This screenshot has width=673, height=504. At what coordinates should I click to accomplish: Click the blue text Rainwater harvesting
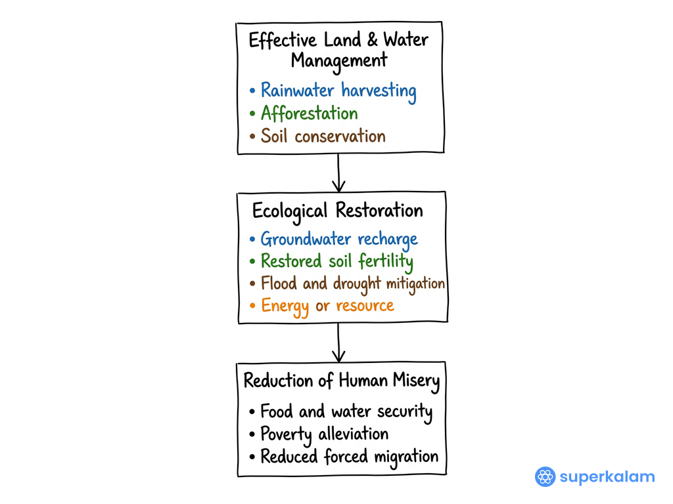[x=338, y=91]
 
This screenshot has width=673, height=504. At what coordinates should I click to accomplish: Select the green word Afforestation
[x=310, y=113]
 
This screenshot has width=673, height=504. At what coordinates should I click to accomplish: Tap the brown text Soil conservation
[x=323, y=136]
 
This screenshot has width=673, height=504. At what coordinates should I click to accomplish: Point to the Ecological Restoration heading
[x=338, y=211]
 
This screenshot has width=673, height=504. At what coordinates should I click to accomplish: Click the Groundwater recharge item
[x=339, y=240]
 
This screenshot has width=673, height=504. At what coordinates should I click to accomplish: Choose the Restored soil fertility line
[x=337, y=261]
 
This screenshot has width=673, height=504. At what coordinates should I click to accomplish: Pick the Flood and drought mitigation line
[x=353, y=283]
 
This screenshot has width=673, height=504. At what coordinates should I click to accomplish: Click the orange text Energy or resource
[x=327, y=306]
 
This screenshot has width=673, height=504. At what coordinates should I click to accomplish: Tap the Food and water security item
[x=346, y=412]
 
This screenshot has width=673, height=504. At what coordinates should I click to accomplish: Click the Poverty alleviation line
[x=325, y=434]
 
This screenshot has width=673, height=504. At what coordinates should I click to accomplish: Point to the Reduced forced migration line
[x=350, y=457]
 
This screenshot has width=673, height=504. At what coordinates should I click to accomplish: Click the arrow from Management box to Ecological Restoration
[x=338, y=173]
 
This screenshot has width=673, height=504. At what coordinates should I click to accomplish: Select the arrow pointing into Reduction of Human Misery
[x=338, y=343]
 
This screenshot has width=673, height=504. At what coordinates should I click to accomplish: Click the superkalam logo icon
[x=545, y=476]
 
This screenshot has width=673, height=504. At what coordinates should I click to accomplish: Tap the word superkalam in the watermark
[x=607, y=476]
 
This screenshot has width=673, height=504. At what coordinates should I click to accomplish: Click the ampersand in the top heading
[x=372, y=39]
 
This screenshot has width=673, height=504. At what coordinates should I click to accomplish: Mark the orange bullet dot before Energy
[x=252, y=306]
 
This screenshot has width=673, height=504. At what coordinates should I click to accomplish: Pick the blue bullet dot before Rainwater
[x=252, y=91]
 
